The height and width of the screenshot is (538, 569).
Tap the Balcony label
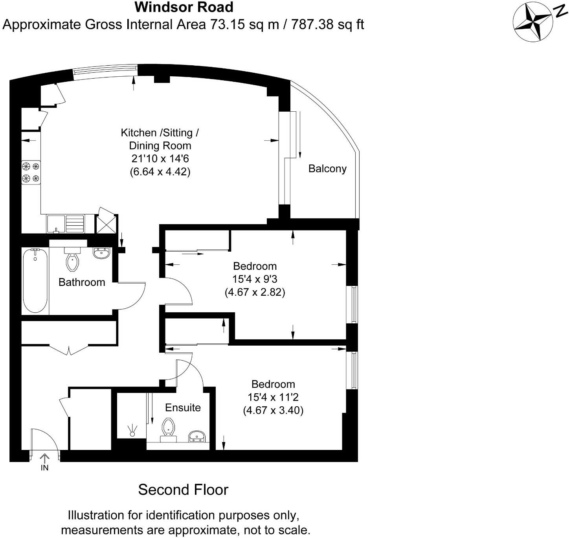(327, 169)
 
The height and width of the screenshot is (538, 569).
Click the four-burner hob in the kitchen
(31, 172)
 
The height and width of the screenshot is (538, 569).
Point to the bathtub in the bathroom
(35, 280)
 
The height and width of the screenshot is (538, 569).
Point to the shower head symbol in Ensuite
(132, 430)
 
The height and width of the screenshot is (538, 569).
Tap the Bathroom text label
(82, 282)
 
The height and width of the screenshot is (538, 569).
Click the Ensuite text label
(183, 407)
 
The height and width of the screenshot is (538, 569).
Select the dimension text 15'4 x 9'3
(255, 279)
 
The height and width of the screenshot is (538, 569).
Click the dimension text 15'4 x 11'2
(273, 397)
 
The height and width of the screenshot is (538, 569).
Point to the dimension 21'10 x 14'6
(160, 158)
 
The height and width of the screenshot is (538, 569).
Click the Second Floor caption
(183, 490)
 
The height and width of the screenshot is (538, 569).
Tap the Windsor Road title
(184, 7)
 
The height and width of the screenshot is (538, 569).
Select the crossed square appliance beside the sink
(106, 223)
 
